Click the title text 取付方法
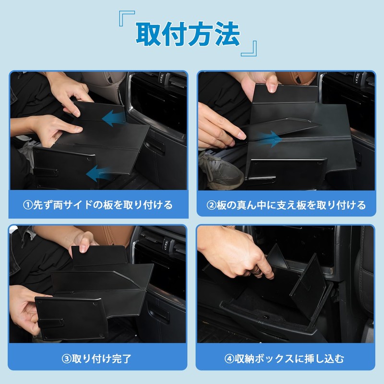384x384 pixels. click(x=188, y=34)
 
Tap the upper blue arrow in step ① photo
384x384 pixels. click(x=113, y=118)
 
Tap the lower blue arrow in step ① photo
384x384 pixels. click(x=98, y=174)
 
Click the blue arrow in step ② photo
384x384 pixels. click(x=269, y=139)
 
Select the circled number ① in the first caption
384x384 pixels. click(x=28, y=205)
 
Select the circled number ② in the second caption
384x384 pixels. click(x=211, y=205)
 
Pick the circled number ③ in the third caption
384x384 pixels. click(x=66, y=359)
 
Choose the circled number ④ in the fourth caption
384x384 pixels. click(x=229, y=359)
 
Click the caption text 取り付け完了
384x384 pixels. click(x=102, y=359)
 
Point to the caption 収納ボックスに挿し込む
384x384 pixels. click(x=289, y=359)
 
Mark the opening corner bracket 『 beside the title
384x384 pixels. click(x=127, y=18)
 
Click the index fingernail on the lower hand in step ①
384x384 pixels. click(x=78, y=128)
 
